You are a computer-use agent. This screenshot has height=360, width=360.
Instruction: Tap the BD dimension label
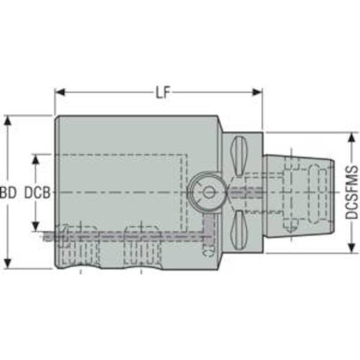click(9, 193)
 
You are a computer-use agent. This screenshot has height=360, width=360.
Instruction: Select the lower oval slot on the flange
click(241, 231)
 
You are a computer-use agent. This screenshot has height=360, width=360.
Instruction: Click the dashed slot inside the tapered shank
click(292, 193)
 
